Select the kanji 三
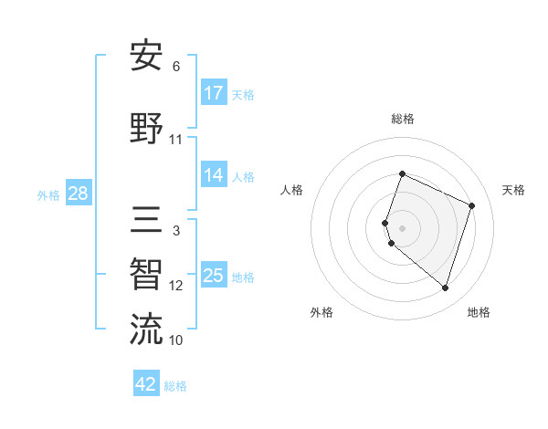point(146,220)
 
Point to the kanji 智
point(146,275)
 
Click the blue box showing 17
point(214,93)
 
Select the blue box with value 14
point(214,175)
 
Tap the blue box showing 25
point(214,276)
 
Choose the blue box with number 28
point(78,194)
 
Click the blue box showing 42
point(146,384)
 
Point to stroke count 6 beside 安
point(176,67)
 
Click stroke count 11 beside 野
point(176,140)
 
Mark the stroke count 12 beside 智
point(176,286)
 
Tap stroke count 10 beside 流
point(176,340)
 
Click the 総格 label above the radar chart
point(403,119)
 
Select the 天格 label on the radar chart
point(513,190)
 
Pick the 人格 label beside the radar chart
point(291,190)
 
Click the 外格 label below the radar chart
point(321,312)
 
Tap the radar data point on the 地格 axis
point(445,288)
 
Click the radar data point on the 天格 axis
point(472,205)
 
